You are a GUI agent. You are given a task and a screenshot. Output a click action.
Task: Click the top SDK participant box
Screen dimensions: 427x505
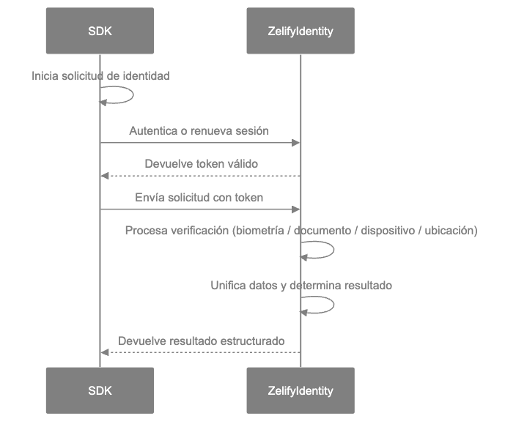coord(100,31)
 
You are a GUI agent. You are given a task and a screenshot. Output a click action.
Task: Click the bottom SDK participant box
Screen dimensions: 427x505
coord(100,390)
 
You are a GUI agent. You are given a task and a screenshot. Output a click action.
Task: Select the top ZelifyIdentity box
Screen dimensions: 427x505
coord(301,31)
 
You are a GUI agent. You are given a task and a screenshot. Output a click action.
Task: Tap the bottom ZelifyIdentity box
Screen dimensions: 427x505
coord(301,390)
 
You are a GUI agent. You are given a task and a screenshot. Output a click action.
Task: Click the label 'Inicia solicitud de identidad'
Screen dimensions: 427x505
coord(101,76)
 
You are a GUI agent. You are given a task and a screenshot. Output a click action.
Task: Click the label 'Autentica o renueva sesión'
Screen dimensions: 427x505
coord(199,131)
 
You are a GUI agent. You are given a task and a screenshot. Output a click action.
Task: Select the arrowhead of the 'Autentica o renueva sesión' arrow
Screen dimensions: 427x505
coord(296,143)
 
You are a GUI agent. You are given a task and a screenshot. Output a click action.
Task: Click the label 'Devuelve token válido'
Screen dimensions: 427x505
coord(201,164)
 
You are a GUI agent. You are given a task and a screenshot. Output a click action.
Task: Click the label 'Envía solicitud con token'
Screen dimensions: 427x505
coord(199,197)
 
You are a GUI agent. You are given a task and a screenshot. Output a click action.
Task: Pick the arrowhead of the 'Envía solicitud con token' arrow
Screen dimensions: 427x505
coord(296,209)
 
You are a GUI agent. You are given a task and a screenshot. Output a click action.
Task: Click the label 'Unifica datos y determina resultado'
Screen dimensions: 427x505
coord(301,285)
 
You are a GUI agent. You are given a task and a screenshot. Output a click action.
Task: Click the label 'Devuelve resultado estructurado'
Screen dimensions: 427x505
coord(201,341)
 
